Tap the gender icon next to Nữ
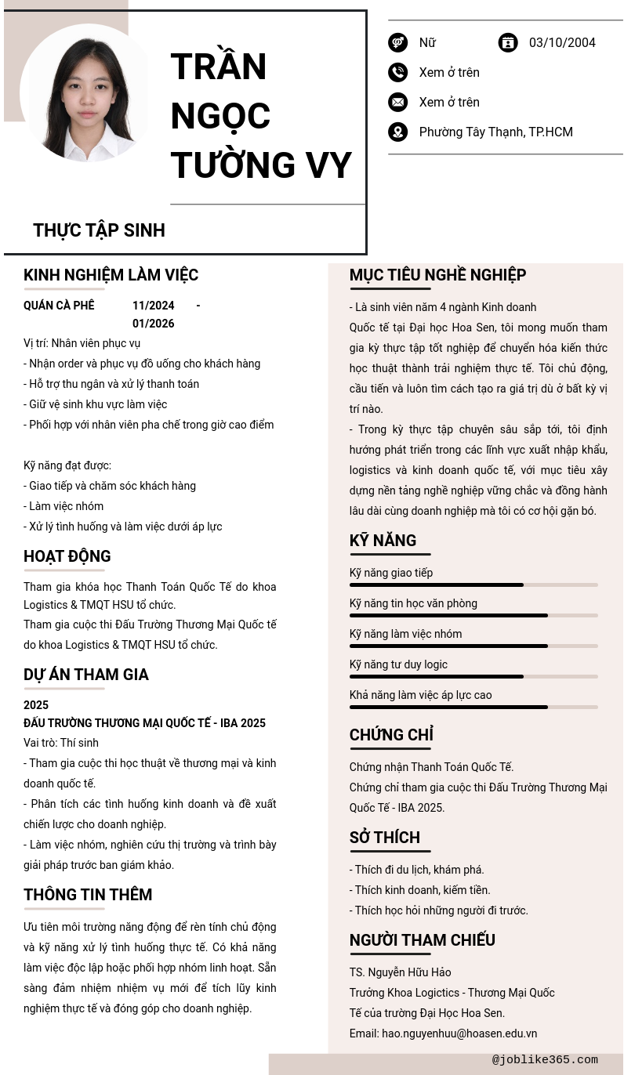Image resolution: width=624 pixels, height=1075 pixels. (397, 43)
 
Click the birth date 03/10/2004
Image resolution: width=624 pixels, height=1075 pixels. (562, 43)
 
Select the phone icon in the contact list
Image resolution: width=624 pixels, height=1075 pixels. (397, 73)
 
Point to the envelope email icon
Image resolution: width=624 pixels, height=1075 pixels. (397, 103)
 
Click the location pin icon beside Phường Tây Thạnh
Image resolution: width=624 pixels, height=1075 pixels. (397, 132)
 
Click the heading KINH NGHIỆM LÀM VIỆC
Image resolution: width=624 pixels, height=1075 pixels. (111, 275)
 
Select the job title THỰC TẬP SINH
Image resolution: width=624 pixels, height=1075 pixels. (99, 230)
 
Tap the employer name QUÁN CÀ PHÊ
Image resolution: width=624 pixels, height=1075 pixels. (59, 306)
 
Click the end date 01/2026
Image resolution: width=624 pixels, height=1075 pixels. (153, 324)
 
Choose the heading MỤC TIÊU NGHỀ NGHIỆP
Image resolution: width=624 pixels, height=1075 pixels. (437, 275)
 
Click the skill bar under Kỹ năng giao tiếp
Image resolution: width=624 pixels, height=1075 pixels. (473, 585)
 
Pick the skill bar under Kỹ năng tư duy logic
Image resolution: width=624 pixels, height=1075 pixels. (473, 677)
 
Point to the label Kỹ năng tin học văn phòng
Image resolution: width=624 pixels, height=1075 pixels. (413, 603)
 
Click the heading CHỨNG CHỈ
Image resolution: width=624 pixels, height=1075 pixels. (391, 735)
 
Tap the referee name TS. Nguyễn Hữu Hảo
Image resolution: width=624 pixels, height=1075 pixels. (400, 972)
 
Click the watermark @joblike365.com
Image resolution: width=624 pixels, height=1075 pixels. (545, 1060)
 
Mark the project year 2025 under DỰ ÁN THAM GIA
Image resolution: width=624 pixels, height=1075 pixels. (36, 705)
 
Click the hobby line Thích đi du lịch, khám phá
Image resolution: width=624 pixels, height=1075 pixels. (416, 870)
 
